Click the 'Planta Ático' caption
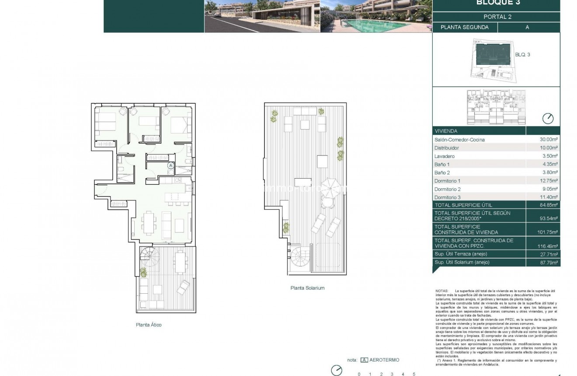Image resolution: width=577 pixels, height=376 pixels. [149, 325]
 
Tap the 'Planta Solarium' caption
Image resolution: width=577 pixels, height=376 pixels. [307, 288]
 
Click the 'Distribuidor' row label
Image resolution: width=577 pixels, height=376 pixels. [447, 148]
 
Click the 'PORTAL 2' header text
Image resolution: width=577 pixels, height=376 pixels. [497, 17]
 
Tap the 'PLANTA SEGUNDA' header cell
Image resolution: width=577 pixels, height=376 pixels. [464, 27]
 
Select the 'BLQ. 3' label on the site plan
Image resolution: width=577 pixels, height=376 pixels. [523, 55]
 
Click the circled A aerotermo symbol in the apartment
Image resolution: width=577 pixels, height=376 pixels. [170, 165]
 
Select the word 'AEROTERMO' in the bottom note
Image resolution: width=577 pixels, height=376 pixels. [384, 360]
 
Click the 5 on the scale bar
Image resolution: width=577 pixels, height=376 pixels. [414, 374]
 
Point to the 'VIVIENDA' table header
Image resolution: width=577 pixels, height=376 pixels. [446, 131]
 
